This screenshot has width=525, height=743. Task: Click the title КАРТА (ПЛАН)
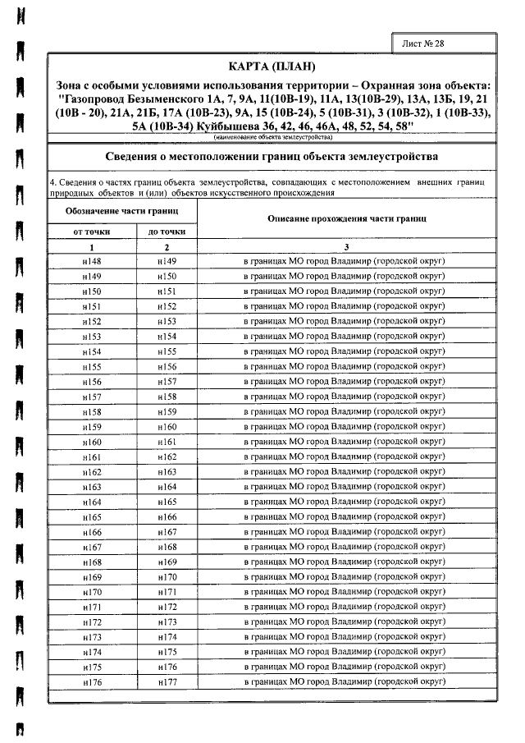(x=274, y=66)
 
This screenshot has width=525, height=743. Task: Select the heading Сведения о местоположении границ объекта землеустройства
(x=274, y=156)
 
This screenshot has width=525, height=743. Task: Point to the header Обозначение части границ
(x=122, y=211)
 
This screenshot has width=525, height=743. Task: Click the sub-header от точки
(x=92, y=232)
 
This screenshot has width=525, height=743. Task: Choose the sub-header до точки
(x=167, y=232)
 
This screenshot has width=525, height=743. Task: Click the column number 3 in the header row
(x=347, y=247)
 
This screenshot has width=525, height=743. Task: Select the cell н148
(x=92, y=261)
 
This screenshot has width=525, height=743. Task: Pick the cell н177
(x=167, y=682)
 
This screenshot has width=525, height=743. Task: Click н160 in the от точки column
(x=92, y=442)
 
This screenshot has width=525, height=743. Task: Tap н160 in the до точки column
(x=167, y=427)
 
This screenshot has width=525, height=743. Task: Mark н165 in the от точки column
(x=92, y=517)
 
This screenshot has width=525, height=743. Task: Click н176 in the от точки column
(x=92, y=682)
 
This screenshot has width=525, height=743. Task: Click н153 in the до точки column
(x=167, y=322)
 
